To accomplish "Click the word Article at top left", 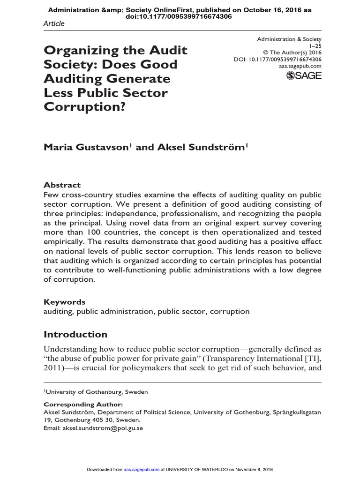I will [x=54, y=23].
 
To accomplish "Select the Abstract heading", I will [x=62, y=185].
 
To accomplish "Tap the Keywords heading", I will [x=65, y=302].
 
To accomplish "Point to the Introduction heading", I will [x=75, y=334].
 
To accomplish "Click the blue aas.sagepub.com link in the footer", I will [x=140, y=470].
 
